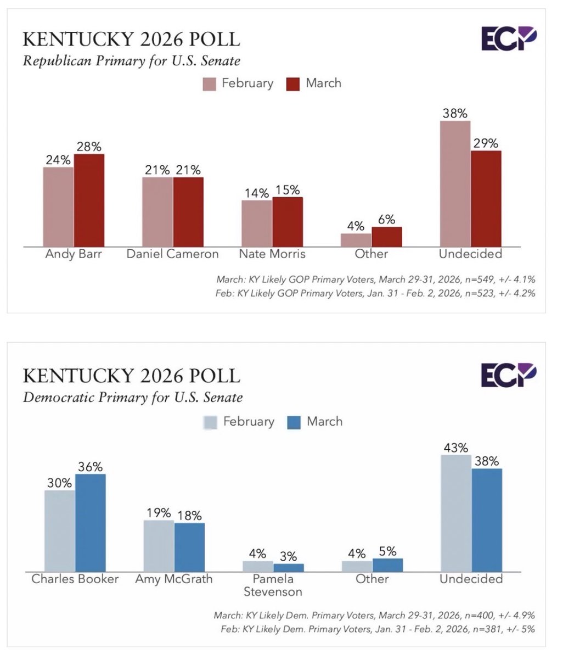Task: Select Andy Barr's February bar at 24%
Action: click(x=58, y=206)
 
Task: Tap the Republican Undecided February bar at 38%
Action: click(x=455, y=183)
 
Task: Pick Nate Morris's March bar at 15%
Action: click(x=287, y=221)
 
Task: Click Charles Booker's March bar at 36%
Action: click(x=90, y=522)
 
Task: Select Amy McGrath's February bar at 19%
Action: click(x=159, y=545)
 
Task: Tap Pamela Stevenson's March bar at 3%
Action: click(x=288, y=567)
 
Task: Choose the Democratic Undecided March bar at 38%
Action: click(x=486, y=520)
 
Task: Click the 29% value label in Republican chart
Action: click(x=486, y=143)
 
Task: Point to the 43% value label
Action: click(x=455, y=448)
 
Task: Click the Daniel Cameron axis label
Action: click(x=172, y=254)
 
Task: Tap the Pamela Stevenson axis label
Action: click(x=273, y=585)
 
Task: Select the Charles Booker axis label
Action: click(x=75, y=579)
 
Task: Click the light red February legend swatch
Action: click(x=210, y=84)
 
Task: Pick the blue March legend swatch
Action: click(x=294, y=422)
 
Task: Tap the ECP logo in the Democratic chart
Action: click(x=508, y=375)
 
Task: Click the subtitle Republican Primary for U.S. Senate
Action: click(x=131, y=60)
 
